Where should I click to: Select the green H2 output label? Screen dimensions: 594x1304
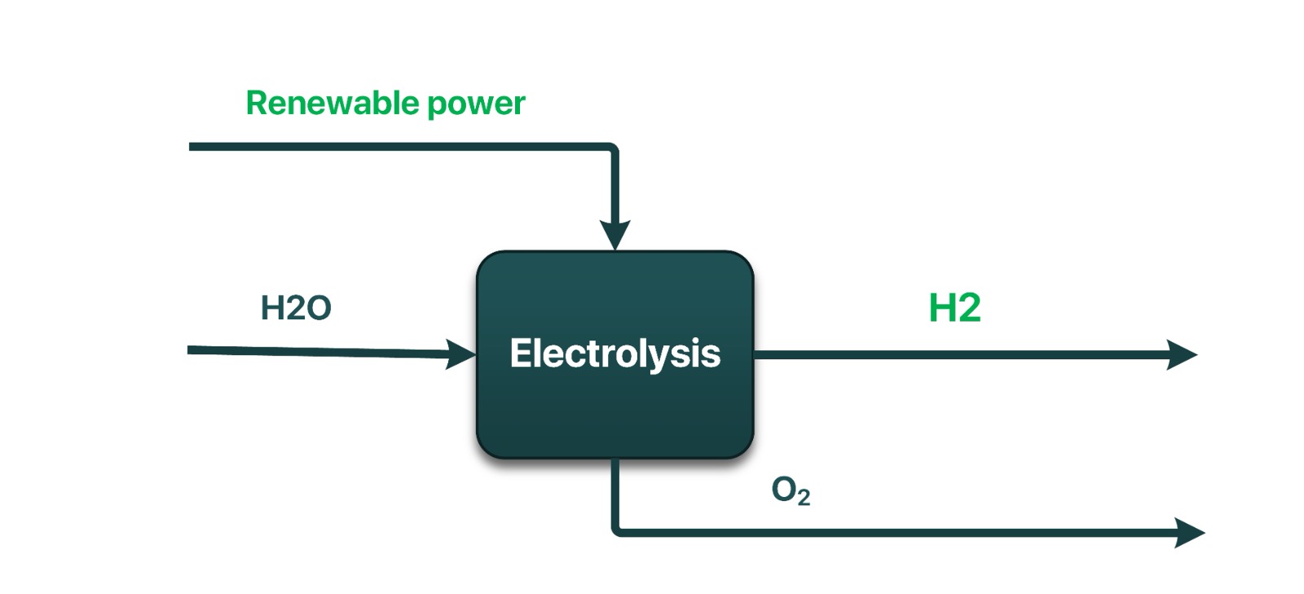click(954, 308)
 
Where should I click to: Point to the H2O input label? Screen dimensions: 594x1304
click(296, 308)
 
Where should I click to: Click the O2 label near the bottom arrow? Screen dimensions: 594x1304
click(790, 491)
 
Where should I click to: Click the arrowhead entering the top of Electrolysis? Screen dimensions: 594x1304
click(615, 235)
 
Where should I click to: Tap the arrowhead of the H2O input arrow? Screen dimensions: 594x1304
click(461, 354)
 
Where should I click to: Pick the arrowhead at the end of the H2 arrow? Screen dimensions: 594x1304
click(1182, 354)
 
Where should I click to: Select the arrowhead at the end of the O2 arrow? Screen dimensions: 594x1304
click(1189, 533)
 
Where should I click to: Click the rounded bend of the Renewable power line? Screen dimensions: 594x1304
click(613, 149)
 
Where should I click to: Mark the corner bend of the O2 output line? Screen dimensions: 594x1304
click(616, 531)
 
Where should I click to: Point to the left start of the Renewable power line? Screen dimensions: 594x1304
click(192, 147)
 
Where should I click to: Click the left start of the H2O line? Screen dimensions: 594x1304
click(191, 350)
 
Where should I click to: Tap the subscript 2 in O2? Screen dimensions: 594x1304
click(804, 497)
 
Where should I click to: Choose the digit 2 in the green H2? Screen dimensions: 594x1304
click(968, 308)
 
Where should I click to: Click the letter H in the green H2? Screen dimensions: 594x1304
click(941, 308)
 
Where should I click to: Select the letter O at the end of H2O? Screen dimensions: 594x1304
click(319, 308)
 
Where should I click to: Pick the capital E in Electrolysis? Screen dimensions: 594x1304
click(520, 353)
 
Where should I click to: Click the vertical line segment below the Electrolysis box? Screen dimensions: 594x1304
click(615, 493)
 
